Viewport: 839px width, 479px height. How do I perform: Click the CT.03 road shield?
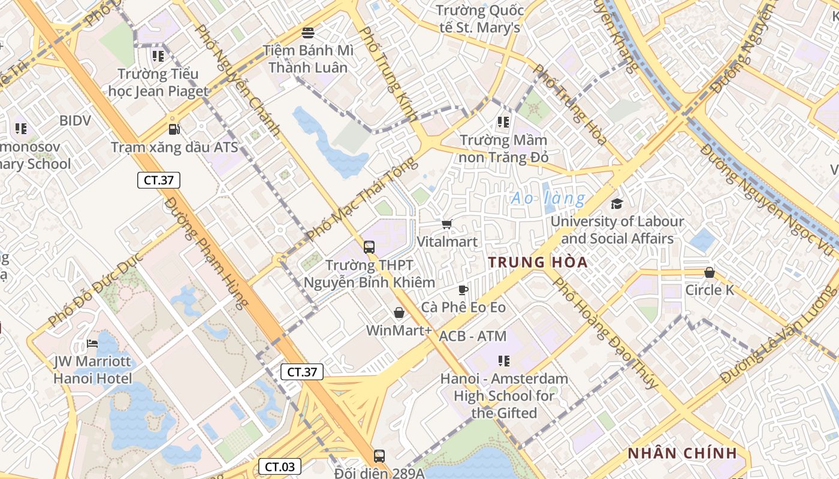coord(280,466)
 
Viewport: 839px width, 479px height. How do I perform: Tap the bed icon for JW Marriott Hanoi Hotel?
coord(92,344)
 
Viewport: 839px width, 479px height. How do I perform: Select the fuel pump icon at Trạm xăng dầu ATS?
coord(174,129)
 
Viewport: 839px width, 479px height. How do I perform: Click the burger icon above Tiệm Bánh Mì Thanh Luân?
coord(308,32)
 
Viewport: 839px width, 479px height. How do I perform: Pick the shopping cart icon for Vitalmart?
coord(446,224)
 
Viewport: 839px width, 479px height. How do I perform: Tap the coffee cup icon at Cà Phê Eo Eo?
coord(463,290)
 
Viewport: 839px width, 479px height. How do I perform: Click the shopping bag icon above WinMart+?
coord(399,312)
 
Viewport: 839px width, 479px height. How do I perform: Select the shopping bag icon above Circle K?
coord(710,272)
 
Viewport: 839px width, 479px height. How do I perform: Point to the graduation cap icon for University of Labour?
coord(617,204)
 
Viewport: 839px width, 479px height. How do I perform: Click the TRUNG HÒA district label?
coord(538,262)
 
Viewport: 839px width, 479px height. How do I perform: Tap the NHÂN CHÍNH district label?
coord(682,453)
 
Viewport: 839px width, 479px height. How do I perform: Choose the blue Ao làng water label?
coord(548,198)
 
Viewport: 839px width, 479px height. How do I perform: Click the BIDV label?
coord(75,120)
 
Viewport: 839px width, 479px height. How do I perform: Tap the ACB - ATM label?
coord(472,336)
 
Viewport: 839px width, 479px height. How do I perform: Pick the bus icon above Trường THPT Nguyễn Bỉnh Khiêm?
coord(369,247)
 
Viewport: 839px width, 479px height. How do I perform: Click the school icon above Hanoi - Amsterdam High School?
coord(504,360)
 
